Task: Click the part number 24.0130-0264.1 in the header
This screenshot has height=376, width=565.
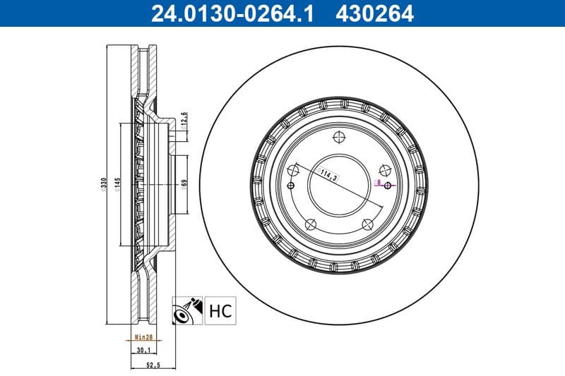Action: tap(230, 13)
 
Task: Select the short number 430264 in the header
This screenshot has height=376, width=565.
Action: tap(376, 13)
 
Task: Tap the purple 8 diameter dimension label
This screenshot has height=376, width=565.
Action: tap(379, 183)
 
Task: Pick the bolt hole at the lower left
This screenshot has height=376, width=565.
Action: tap(309, 225)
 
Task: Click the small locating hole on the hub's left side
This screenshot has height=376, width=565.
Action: tap(291, 186)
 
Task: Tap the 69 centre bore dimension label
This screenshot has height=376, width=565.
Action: tap(184, 185)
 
